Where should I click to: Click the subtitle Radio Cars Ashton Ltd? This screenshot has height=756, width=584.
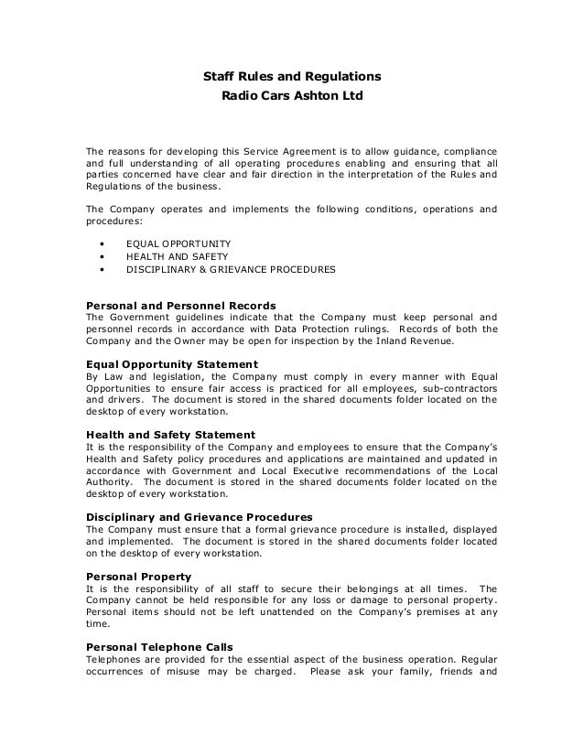(x=291, y=95)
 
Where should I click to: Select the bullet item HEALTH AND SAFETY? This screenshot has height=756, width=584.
(x=177, y=257)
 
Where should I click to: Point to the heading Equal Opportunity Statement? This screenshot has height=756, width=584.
(x=171, y=364)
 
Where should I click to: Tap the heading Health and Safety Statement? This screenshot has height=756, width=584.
(x=169, y=433)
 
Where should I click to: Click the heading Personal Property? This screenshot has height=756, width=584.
(x=138, y=576)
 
